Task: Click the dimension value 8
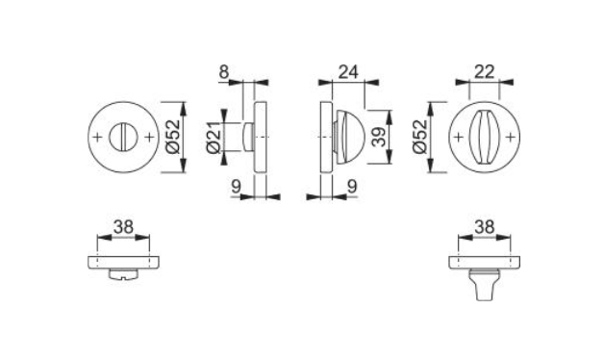224,72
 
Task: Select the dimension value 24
348,72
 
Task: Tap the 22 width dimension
484,72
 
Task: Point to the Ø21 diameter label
214,137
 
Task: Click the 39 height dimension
380,138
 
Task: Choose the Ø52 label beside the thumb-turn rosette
420,137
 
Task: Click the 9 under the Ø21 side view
237,187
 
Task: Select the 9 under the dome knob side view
352,187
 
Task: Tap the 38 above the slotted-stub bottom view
123,227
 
